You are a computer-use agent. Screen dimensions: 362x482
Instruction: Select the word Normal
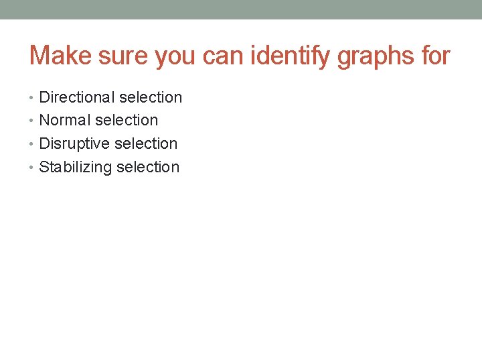click(x=65, y=121)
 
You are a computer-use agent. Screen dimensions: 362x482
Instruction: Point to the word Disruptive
click(x=74, y=144)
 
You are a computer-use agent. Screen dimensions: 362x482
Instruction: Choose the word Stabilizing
click(x=76, y=168)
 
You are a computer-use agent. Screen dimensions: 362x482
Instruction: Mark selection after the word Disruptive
click(x=146, y=144)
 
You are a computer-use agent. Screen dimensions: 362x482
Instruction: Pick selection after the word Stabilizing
click(x=148, y=168)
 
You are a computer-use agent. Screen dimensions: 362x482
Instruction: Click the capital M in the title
click(x=39, y=56)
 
